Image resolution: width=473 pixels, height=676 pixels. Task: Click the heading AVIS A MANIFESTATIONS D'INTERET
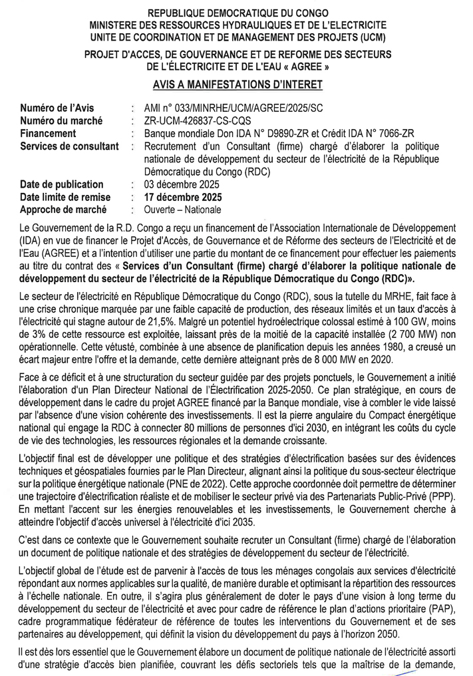point(237,84)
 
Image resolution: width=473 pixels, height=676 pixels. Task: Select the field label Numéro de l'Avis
point(57,108)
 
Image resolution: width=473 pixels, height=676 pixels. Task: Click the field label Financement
point(48,133)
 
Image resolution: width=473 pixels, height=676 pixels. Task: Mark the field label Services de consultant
point(69,146)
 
